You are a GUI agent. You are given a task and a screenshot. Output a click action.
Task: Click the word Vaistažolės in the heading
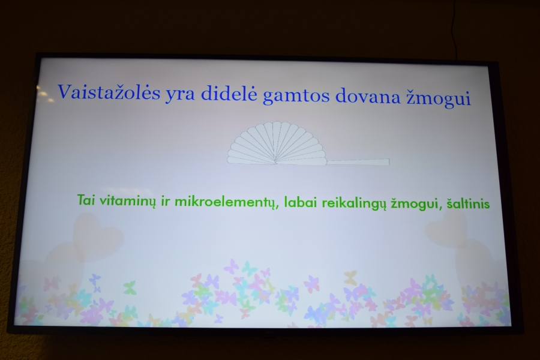(109, 92)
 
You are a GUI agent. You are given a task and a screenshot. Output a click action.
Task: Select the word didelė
(229, 94)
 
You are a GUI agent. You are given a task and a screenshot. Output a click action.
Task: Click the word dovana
(367, 96)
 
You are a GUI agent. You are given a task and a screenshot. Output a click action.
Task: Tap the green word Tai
(86, 200)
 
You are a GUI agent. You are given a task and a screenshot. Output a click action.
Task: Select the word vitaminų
(128, 202)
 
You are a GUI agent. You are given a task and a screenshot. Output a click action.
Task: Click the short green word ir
(166, 201)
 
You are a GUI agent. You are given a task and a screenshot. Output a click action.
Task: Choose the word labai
(300, 202)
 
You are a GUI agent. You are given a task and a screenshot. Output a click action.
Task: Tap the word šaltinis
(468, 203)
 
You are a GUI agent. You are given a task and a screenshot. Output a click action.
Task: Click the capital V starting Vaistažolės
(65, 91)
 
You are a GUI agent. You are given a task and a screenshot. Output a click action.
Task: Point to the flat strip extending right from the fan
(358, 162)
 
